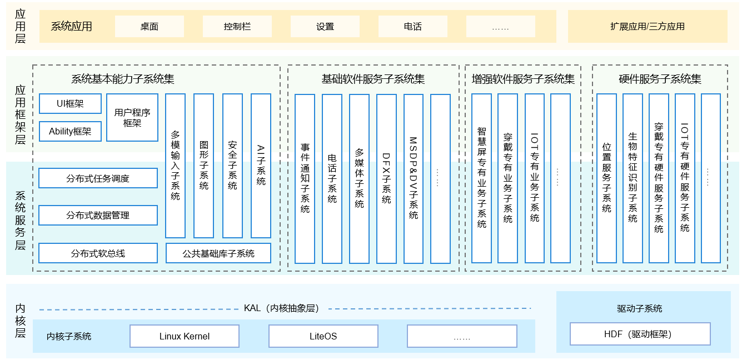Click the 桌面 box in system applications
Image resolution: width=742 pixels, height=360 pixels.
149,26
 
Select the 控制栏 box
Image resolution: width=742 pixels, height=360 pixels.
237,26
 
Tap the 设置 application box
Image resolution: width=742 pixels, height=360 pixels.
325,26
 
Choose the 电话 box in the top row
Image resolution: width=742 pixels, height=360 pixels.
412,26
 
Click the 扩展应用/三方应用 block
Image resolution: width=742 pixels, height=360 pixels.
647,26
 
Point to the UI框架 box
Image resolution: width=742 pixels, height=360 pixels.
70,104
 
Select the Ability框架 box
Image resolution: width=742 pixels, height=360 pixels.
70,132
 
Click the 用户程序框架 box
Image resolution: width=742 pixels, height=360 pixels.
132,117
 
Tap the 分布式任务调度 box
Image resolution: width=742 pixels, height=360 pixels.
98,178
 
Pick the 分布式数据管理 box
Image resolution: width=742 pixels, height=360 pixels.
98,215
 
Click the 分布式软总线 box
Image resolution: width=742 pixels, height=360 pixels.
98,253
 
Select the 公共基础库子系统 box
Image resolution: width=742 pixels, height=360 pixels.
218,253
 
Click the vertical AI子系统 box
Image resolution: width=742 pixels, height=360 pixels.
261,166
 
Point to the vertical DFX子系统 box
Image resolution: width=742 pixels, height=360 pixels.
386,178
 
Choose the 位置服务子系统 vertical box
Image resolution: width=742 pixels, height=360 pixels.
606,178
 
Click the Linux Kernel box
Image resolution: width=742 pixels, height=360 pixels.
185,336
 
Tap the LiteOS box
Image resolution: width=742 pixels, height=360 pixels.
323,336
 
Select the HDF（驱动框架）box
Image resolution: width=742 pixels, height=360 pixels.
640,334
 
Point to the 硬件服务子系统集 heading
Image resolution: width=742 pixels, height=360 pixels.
660,79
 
